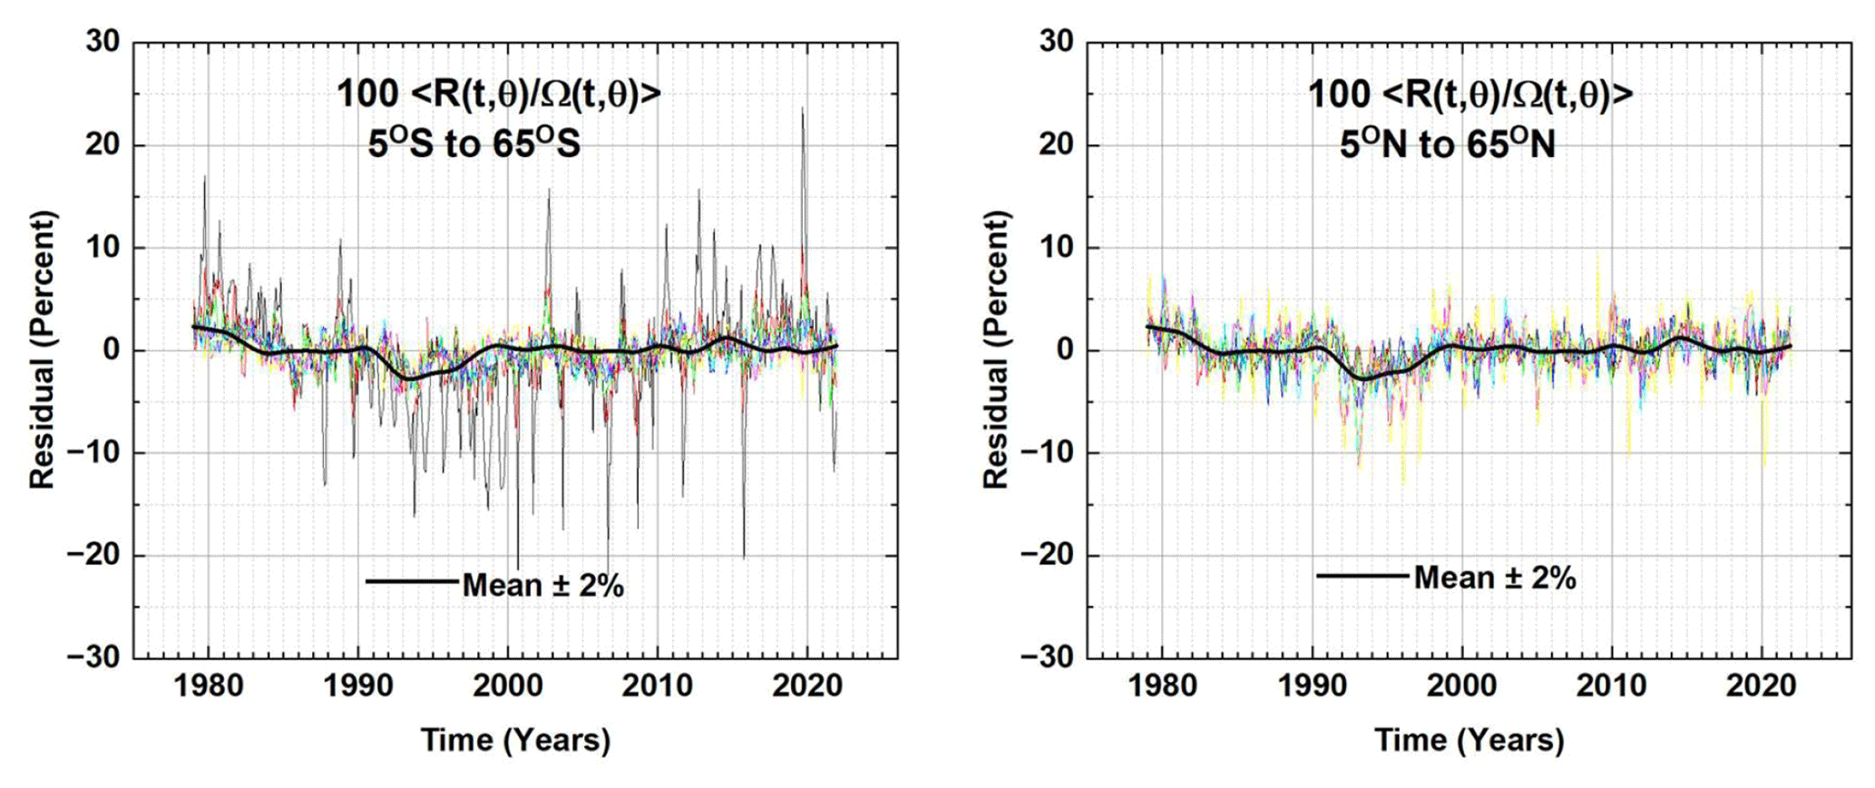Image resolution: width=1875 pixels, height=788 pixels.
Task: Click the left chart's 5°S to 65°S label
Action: pos(474,144)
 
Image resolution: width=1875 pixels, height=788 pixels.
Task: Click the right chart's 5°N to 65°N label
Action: pos(1447,144)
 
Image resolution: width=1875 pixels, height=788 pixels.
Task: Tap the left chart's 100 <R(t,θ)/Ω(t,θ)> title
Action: pos(499,94)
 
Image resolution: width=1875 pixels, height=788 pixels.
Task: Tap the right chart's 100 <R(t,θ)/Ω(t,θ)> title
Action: pos(1470,94)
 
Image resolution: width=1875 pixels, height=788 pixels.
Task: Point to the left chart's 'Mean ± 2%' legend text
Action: pos(543,586)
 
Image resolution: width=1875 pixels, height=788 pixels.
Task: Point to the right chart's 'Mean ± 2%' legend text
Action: pos(1495,577)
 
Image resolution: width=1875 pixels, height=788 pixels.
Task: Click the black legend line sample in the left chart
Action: pos(413,581)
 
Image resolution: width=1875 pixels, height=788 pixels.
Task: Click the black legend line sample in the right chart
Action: pos(1363,575)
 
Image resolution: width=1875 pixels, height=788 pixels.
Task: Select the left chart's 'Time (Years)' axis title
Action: pos(515,740)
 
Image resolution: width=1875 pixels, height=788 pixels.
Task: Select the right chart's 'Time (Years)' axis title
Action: pos(1470,740)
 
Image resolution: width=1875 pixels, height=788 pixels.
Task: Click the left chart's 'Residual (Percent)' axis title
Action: pos(43,350)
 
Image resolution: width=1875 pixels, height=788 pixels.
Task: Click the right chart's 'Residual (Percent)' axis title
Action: pos(996,350)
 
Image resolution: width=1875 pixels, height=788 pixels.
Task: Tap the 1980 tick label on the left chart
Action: pos(209,686)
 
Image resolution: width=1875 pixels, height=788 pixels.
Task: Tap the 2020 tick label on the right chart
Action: pos(1761,686)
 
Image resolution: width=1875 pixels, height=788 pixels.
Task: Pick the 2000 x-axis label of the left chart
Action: pos(507,686)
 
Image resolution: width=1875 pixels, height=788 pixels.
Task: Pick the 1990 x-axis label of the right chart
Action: pos(1313,686)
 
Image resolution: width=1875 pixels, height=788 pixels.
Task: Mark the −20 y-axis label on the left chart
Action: pos(94,555)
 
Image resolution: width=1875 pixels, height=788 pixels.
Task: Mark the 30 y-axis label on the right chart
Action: pos(1056,42)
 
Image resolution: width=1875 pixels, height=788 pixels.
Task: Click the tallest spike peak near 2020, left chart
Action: pos(802,109)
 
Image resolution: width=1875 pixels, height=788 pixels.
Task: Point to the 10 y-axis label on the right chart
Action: pos(1056,247)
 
